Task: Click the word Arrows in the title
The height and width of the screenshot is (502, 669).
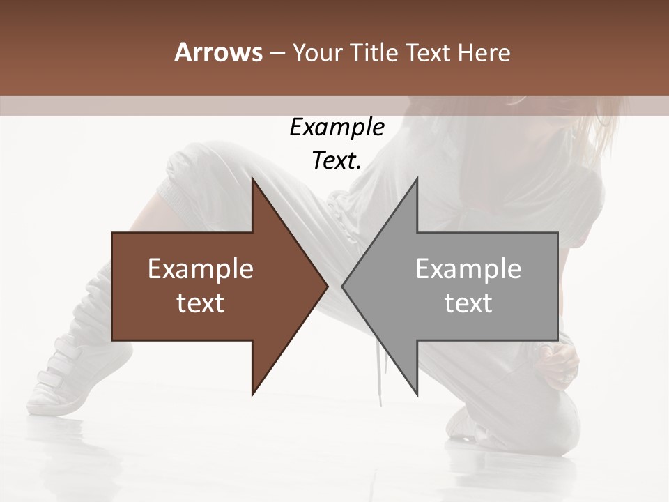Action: [x=218, y=53]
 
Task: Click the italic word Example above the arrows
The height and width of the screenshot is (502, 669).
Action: [x=337, y=128]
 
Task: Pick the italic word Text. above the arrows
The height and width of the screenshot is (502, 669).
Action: [x=337, y=160]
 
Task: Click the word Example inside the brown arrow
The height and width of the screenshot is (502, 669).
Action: [x=200, y=269]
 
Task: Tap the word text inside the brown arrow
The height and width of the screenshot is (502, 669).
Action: [x=200, y=303]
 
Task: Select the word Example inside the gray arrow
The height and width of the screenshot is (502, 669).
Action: [x=468, y=269]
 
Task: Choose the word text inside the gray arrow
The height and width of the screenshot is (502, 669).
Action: [x=468, y=303]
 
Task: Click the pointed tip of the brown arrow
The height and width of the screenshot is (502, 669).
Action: [x=327, y=287]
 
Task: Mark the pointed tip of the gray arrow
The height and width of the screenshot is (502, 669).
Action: [x=343, y=287]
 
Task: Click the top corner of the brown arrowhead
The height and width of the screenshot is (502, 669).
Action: [x=253, y=179]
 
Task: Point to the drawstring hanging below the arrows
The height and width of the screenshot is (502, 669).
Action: [x=381, y=380]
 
